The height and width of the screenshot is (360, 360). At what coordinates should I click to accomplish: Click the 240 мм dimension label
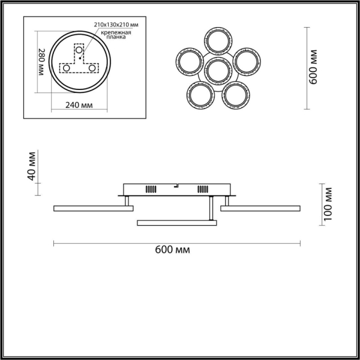coord(79,105)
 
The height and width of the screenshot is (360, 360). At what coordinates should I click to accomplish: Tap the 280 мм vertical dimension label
coord(41,62)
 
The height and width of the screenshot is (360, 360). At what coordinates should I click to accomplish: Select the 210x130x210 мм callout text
coord(116,25)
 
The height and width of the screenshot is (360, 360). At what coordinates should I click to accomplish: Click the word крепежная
coord(116,32)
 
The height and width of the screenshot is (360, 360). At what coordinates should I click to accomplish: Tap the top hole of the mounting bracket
coord(79,50)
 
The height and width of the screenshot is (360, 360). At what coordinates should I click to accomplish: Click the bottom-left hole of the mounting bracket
coord(67,68)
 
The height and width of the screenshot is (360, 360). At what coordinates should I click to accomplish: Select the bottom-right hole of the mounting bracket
coord(92,68)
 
